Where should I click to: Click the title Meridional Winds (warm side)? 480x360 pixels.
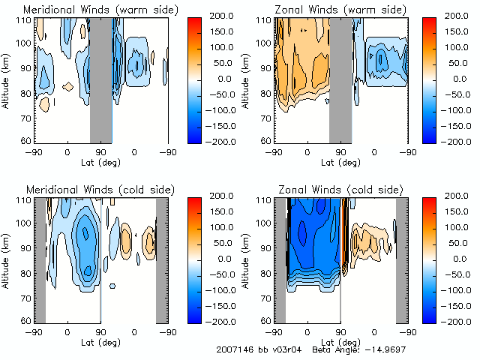click(100, 10)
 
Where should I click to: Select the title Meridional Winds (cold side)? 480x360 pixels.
click(100, 190)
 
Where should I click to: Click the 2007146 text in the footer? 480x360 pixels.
click(233, 349)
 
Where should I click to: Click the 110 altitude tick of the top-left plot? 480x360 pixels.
click(26, 20)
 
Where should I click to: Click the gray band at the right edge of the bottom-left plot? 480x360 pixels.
click(161, 259)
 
